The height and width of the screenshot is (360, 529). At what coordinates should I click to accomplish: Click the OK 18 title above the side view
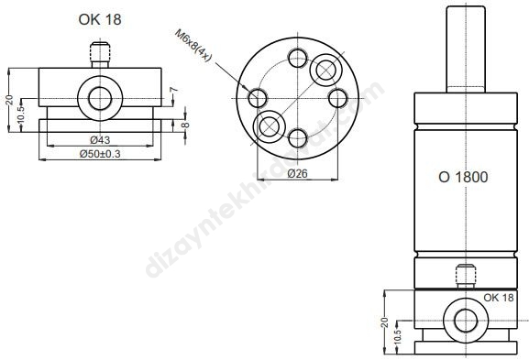[x=100, y=19]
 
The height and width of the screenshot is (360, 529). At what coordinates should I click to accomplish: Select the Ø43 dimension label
[x=100, y=139]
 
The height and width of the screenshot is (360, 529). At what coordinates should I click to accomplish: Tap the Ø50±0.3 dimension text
[x=100, y=154]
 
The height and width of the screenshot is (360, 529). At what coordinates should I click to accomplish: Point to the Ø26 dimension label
[x=298, y=174]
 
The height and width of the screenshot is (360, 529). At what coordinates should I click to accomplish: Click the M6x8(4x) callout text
[x=193, y=46]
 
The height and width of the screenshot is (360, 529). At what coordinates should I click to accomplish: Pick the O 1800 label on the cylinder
[x=463, y=178]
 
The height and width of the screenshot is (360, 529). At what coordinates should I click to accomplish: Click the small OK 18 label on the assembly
[x=499, y=298]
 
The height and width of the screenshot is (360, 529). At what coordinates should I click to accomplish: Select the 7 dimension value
[x=174, y=90]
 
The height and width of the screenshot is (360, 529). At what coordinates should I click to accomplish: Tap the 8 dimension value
[x=185, y=125]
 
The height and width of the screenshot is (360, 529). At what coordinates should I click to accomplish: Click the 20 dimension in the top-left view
[x=10, y=100]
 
